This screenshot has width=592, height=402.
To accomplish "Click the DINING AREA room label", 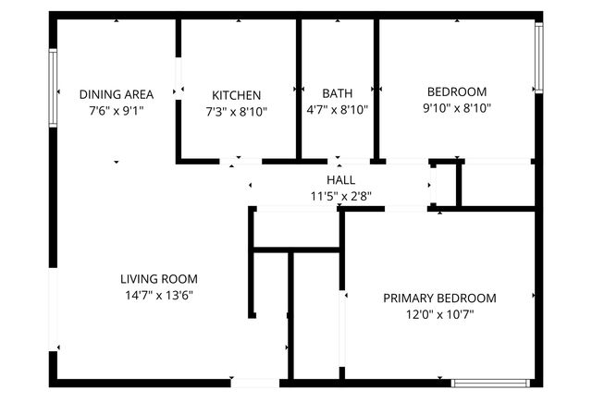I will click(116, 94).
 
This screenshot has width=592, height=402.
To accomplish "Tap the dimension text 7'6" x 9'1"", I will click(116, 109).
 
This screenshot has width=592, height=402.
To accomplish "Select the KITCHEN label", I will click(236, 95).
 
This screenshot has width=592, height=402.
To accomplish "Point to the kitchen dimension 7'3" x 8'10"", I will click(236, 109).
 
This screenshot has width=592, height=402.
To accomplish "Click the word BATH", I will click(337, 94).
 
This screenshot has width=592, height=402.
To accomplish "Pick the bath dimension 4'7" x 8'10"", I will click(337, 109).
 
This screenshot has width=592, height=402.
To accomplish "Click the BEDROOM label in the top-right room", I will click(456, 91).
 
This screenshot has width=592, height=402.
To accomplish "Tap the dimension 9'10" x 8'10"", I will click(456, 107).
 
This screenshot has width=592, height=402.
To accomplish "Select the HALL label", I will click(340, 180).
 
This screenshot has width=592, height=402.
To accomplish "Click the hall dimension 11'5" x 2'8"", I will click(340, 195).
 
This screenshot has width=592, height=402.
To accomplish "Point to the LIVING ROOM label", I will click(159, 279).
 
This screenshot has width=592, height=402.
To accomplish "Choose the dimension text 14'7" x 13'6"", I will click(159, 295).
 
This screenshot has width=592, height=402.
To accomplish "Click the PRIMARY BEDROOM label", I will click(439, 298).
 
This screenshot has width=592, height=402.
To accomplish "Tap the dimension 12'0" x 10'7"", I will click(439, 314).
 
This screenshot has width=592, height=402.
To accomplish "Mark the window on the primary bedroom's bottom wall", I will click(490, 382).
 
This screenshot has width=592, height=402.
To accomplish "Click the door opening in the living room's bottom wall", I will click(255, 382).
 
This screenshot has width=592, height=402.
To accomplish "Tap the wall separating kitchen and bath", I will click(299, 88).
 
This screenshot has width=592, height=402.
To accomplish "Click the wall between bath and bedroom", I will click(376, 88).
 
